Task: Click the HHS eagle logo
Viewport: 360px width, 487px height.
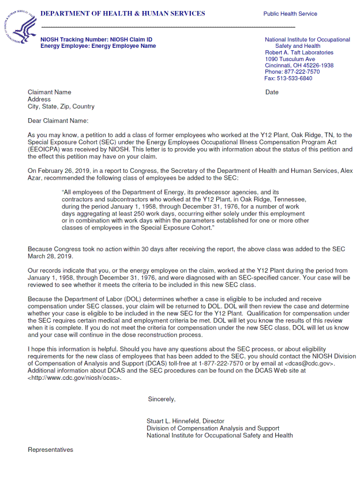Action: coord(20,26)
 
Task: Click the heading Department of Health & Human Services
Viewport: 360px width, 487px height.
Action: coord(123,13)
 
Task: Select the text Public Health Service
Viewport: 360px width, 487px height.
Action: coord(290,14)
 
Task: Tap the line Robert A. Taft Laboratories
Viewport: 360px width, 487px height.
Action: coord(299,52)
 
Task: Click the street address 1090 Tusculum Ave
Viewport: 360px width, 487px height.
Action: coord(290,59)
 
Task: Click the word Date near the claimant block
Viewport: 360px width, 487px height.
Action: coord(272,92)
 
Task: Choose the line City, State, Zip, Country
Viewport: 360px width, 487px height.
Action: coord(61,107)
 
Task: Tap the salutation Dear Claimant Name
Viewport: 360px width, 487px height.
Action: coord(58,121)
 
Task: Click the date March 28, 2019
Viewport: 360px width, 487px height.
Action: coord(50,256)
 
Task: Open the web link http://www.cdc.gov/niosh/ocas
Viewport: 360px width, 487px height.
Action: coord(74,377)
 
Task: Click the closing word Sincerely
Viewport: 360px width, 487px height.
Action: coord(162,399)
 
